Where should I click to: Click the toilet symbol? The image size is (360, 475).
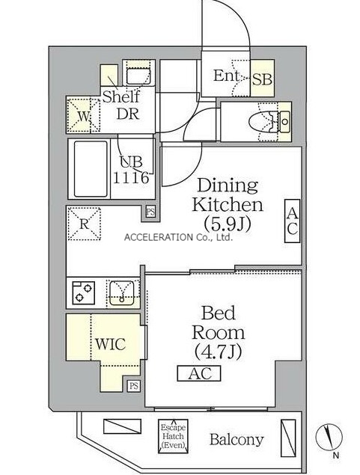[x=269, y=122]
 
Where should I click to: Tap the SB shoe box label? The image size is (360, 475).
[x=263, y=79]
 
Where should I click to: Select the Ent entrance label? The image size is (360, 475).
[x=227, y=76]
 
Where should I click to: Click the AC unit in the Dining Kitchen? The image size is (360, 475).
[x=292, y=221]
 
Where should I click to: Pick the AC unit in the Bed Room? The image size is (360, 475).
[x=199, y=373]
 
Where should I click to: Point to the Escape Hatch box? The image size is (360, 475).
[x=173, y=436]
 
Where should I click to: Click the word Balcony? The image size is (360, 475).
[x=237, y=440]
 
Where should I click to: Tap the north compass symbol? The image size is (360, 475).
[x=329, y=438]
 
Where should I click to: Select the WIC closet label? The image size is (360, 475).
[x=110, y=344]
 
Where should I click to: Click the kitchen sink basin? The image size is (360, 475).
[x=122, y=293]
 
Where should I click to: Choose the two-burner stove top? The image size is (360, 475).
[x=83, y=292]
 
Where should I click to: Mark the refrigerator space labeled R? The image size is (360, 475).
[x=84, y=224]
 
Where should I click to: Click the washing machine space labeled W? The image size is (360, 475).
[x=83, y=115]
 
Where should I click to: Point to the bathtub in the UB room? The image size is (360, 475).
[x=91, y=169]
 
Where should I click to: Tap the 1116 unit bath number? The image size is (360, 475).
[x=131, y=177]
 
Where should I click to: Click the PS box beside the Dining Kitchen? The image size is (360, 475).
[x=150, y=211]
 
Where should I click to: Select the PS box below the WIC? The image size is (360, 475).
[x=134, y=386]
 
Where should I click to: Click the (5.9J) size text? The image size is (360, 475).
[x=228, y=224]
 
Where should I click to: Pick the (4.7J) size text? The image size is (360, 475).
[x=218, y=352]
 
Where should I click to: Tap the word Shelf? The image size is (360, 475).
[x=121, y=96]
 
